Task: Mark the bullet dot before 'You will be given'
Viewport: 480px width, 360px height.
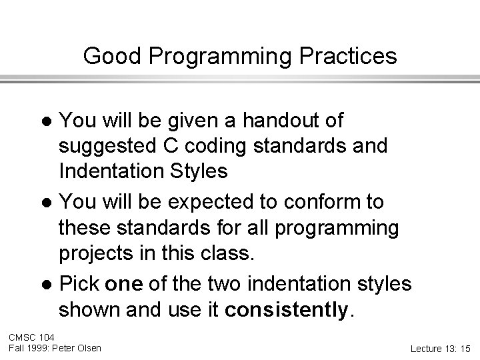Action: coord(47,122)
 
